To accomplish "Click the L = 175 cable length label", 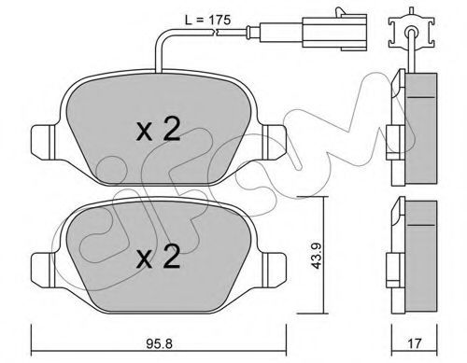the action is point(208,21).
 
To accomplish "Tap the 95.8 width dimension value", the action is point(159,343).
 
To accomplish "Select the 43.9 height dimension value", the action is point(317,256).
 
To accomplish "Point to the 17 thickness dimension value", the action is point(415,343).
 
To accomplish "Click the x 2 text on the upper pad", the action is point(158,131).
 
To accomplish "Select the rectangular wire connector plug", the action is point(334,31).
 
